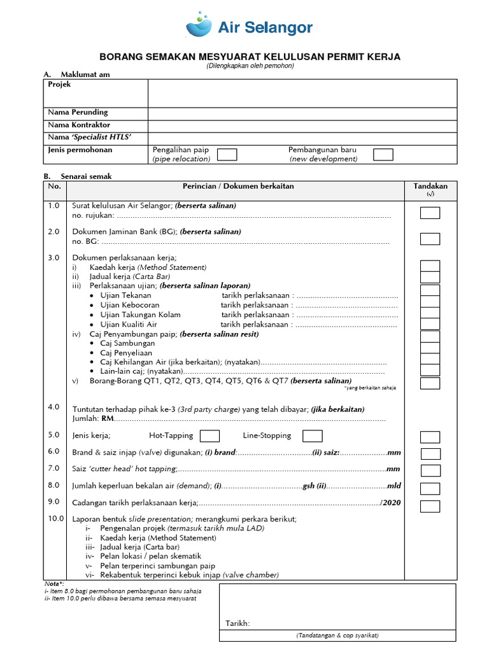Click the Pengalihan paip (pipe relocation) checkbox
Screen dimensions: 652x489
coord(227,154)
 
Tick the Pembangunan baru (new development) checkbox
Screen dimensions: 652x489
coord(383,154)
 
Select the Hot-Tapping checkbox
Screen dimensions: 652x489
coord(209,436)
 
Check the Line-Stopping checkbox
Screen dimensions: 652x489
coord(312,436)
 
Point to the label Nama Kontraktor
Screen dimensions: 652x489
coord(79,125)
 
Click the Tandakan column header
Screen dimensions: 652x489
coord(430,187)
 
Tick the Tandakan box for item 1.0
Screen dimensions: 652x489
coord(430,213)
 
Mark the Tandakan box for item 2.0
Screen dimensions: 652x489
coord(430,239)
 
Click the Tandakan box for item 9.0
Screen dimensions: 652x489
coord(430,506)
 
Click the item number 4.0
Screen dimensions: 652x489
coord(53,406)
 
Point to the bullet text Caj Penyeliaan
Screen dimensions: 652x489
coord(127,352)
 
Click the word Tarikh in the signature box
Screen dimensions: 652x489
coord(237,623)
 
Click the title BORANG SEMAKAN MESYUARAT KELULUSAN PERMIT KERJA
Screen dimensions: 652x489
coord(250,57)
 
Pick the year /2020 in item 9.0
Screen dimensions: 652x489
coord(390,503)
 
